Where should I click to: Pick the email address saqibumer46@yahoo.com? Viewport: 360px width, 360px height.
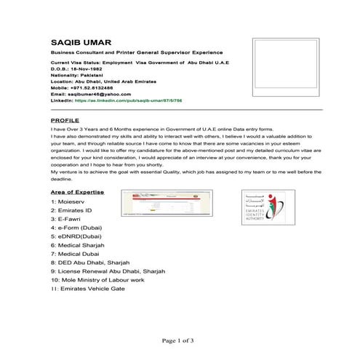tap(94, 94)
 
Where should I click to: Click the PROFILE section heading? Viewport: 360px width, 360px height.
tap(65, 119)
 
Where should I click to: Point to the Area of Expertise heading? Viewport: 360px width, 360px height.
tap(78, 192)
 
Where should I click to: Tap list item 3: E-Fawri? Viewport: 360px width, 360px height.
tap(71, 219)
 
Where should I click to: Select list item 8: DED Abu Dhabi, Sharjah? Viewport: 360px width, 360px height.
tap(97, 263)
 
